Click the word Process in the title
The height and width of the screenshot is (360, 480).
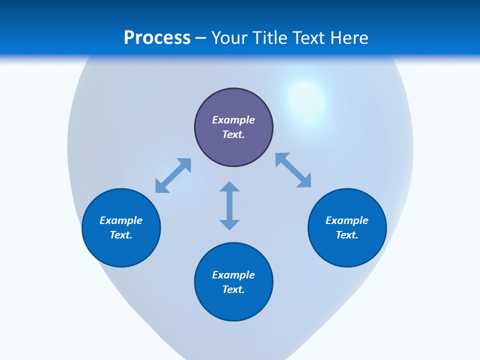(157, 38)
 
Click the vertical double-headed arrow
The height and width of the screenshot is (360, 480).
(229, 205)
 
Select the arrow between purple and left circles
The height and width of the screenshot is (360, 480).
(173, 175)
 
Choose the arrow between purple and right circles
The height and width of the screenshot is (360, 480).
(293, 170)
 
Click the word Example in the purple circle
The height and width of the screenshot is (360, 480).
(233, 120)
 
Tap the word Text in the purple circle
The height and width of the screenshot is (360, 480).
(233, 134)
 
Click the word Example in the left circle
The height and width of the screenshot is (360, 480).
(121, 220)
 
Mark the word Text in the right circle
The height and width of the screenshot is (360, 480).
(347, 235)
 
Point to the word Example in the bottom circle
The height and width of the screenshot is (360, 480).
(233, 275)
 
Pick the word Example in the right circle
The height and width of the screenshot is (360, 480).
(347, 220)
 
